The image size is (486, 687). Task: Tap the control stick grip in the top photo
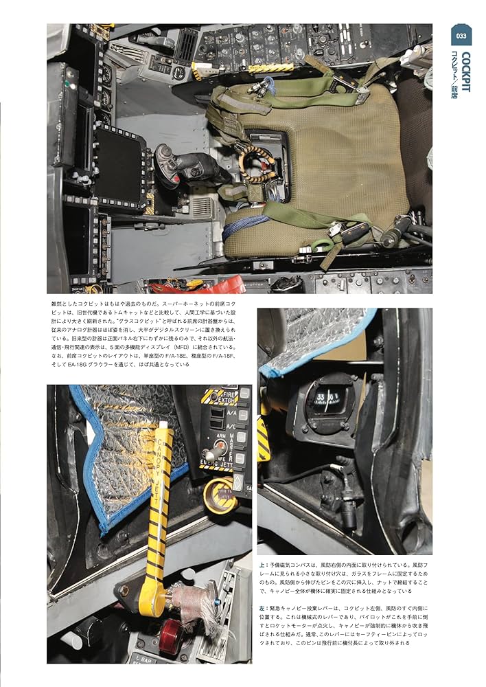click(172, 161)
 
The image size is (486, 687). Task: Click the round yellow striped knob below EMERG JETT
click(219, 496)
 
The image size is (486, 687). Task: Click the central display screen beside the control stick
click(119, 164)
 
